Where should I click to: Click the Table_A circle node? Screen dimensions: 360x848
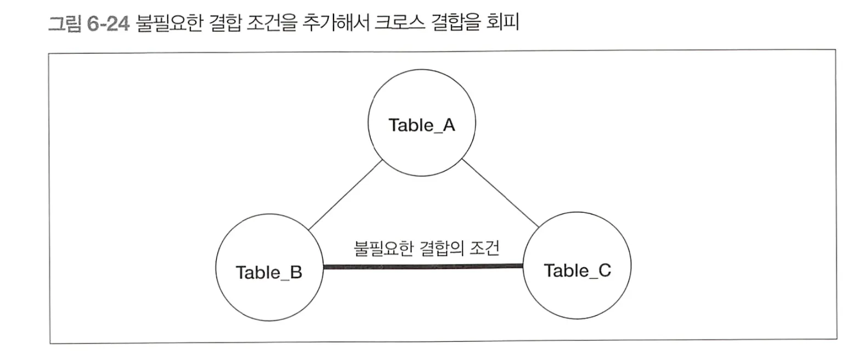click(422, 125)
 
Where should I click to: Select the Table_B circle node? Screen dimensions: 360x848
click(269, 273)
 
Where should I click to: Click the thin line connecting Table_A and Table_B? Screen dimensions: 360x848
click(346, 195)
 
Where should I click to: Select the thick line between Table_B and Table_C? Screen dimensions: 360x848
click(422, 267)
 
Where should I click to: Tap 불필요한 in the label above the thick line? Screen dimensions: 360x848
click(375, 250)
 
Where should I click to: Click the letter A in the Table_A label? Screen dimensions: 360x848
click(449, 125)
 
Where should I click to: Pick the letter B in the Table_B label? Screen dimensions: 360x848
click(296, 273)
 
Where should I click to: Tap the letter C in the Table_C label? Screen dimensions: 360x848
click(604, 271)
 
